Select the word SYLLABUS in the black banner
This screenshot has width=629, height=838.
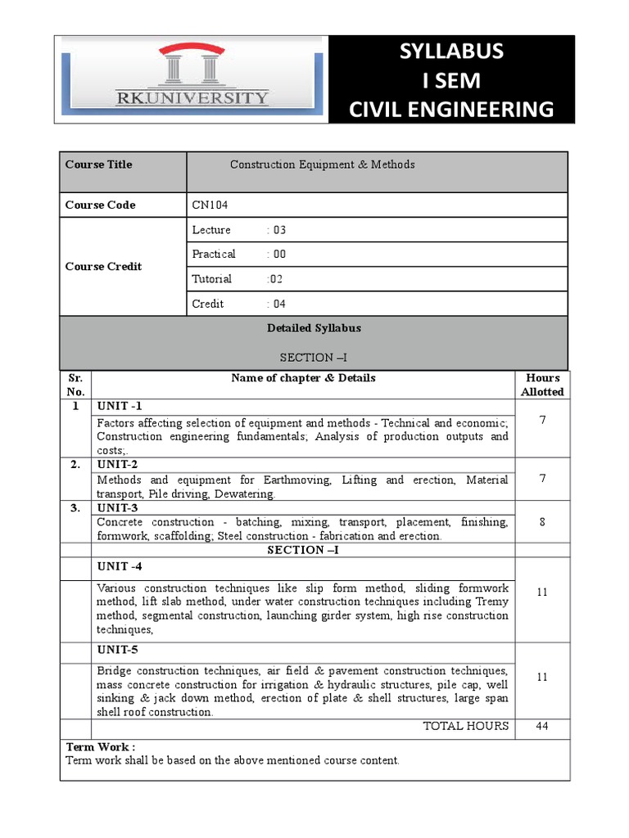(x=451, y=52)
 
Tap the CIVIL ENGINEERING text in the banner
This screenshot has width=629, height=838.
(x=451, y=109)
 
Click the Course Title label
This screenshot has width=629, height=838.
(x=98, y=164)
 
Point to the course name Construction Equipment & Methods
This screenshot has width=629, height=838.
(x=322, y=164)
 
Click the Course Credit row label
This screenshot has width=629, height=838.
(x=103, y=266)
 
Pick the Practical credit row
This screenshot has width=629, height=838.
(x=238, y=254)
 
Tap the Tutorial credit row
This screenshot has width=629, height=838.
(x=237, y=278)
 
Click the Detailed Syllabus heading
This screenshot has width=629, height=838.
(x=314, y=328)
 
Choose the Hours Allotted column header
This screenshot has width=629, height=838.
(x=542, y=385)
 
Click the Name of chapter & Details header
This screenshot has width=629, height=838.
(x=303, y=378)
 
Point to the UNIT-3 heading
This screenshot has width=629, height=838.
(x=118, y=507)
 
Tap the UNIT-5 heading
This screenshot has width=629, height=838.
(x=118, y=650)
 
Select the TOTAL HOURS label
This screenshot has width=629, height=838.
(x=465, y=726)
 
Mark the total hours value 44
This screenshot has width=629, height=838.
(x=542, y=726)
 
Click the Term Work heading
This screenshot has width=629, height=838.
(x=100, y=746)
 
